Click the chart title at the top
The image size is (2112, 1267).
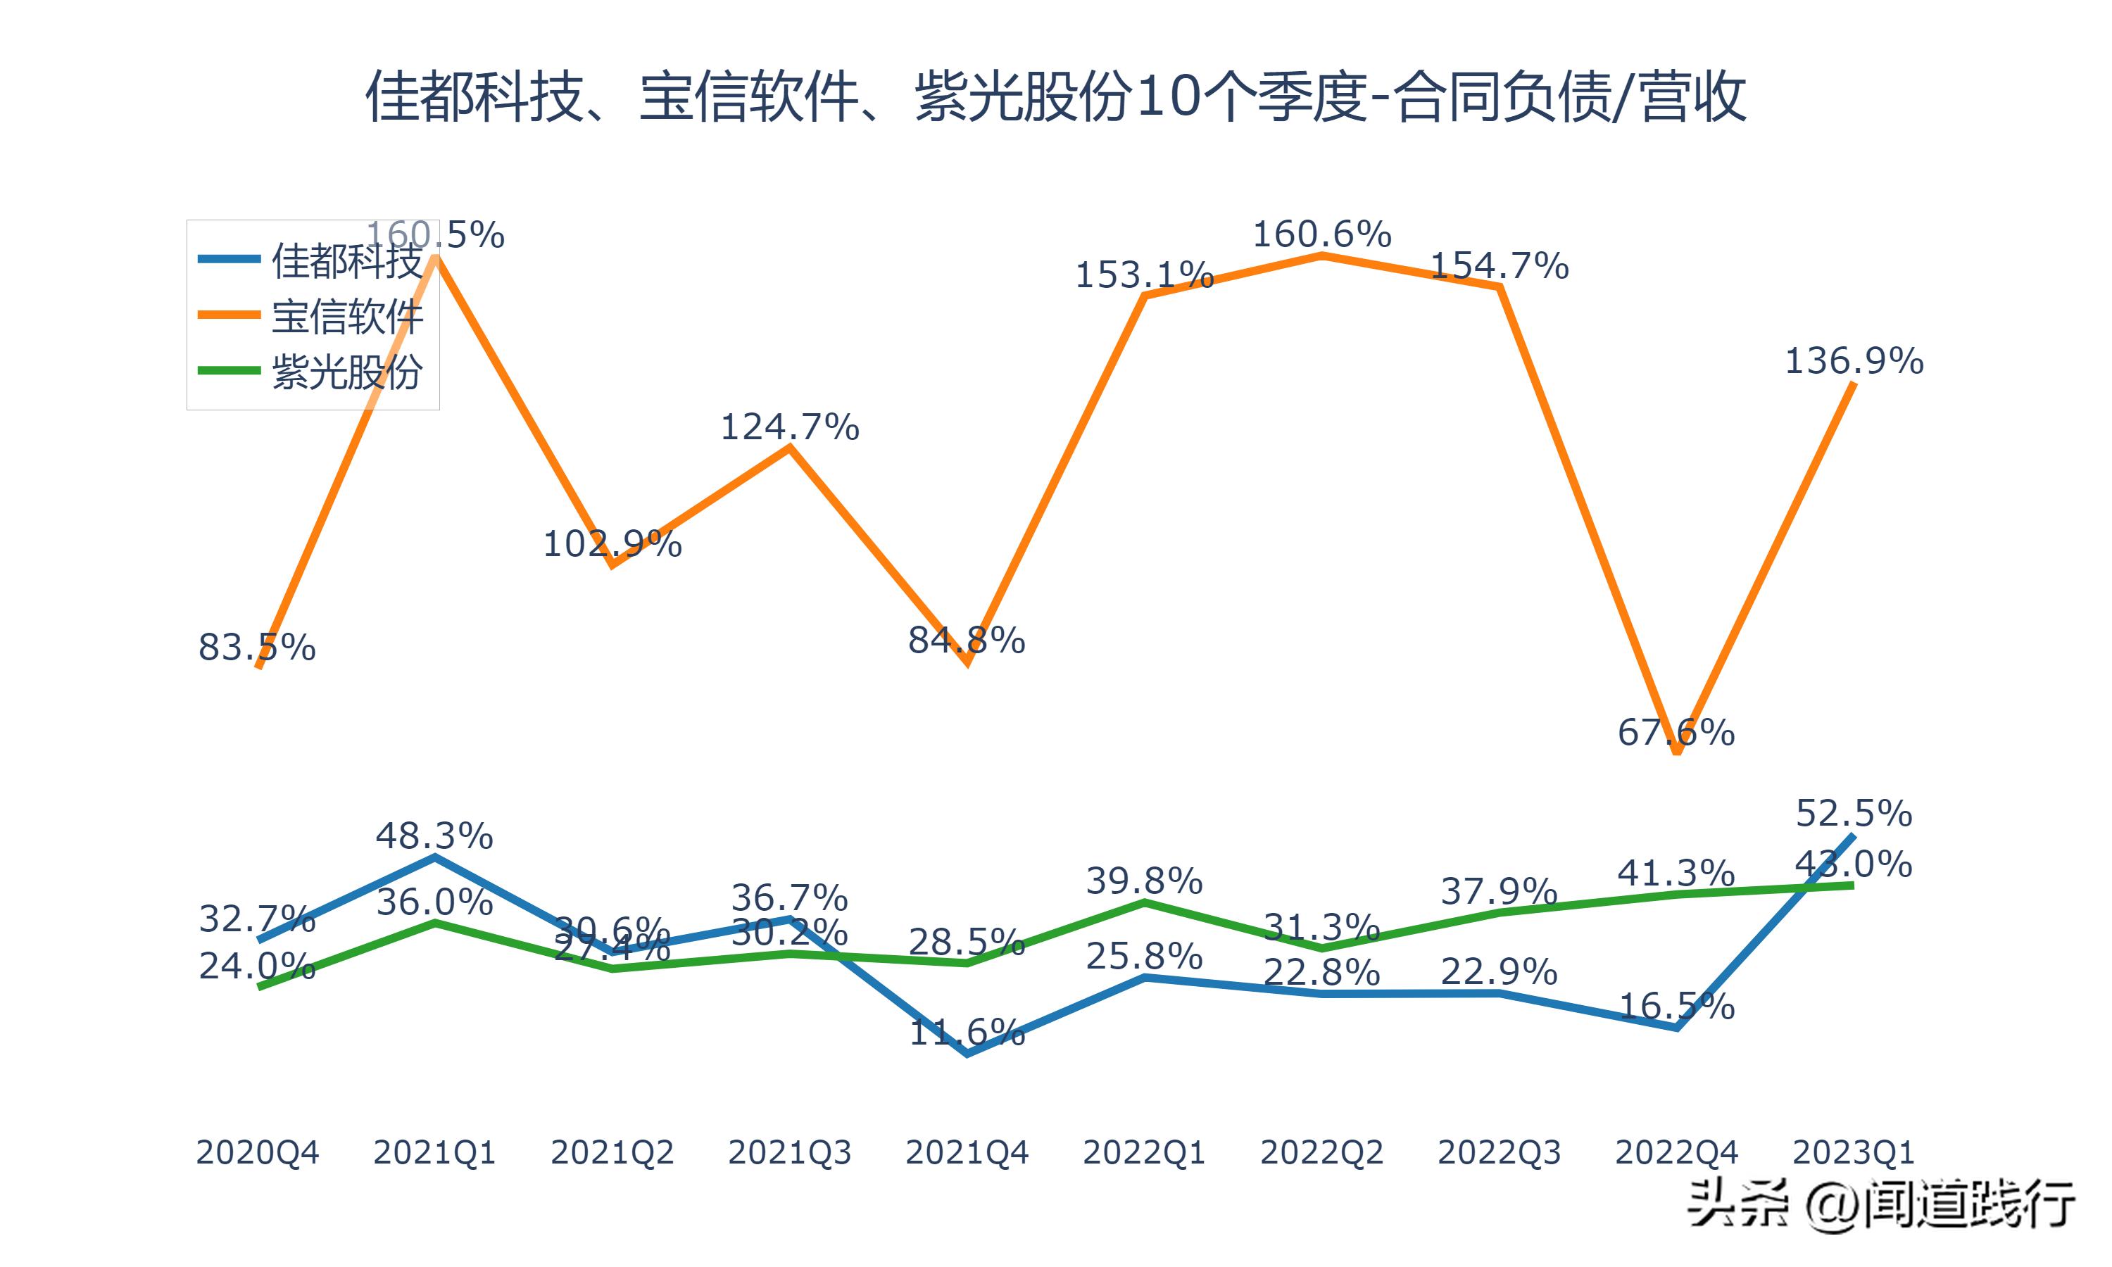[1056, 97]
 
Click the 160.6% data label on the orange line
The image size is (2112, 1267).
[1321, 234]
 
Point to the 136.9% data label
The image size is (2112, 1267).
[1854, 361]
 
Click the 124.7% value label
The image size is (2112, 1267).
[790, 427]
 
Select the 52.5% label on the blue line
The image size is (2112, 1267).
[1854, 813]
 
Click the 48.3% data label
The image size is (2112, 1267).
[434, 836]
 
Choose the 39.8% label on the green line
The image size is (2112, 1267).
[1144, 881]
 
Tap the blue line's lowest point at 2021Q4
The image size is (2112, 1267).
[967, 1054]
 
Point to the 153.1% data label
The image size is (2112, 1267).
[1144, 276]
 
